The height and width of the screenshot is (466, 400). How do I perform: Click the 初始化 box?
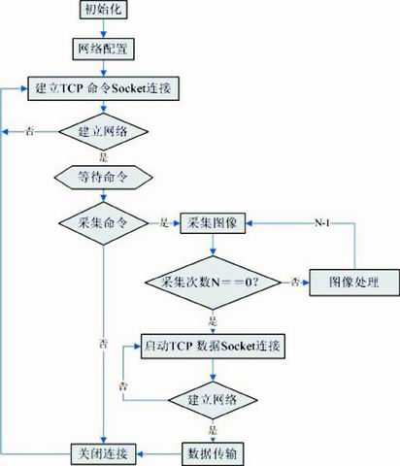coord(103,9)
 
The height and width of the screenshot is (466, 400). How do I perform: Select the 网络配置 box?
coord(103,50)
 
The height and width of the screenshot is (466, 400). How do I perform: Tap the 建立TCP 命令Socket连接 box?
coord(103,88)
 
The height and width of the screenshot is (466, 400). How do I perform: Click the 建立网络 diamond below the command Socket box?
coord(103,132)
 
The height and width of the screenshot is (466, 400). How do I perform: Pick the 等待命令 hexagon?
coord(103,177)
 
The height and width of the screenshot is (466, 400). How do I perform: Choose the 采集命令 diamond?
coord(103,223)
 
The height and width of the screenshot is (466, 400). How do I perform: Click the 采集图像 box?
coord(213,223)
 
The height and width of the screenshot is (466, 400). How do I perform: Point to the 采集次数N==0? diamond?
coord(213,283)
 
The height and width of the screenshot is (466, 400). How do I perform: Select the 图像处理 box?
coord(354,283)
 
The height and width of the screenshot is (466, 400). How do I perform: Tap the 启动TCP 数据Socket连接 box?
coord(213,347)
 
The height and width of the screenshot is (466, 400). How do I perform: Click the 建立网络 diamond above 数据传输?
coord(213,400)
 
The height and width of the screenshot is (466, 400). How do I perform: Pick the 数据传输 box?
coord(213,453)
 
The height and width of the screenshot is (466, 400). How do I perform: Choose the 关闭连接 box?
coord(104,453)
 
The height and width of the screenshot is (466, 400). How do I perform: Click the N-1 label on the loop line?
coord(322,223)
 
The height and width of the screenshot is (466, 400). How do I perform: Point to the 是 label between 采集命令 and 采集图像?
coord(164,223)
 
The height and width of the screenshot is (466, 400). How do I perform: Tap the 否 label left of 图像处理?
coord(295,283)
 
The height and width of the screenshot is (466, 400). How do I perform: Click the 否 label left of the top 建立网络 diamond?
coord(30,132)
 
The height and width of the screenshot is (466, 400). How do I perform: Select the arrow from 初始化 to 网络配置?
coord(103,28)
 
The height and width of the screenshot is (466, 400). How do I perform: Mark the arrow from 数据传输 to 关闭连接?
coord(159,453)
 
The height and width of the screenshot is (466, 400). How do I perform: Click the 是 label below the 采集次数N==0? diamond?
coord(213,321)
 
